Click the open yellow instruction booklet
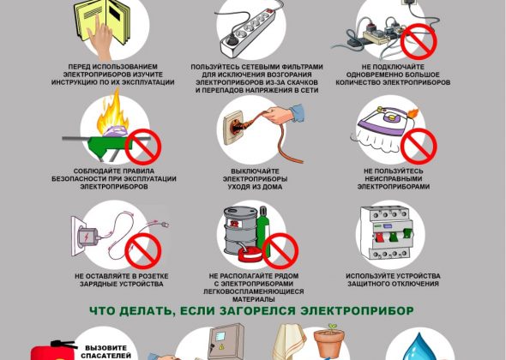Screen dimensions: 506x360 click(x=103, y=21)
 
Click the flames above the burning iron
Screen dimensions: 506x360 click(x=112, y=111)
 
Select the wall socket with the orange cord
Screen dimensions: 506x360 click(x=234, y=128)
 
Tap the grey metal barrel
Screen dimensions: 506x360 click(x=241, y=231)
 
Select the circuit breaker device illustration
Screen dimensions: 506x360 click(x=386, y=233)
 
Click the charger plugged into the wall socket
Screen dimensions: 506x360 click(x=88, y=238)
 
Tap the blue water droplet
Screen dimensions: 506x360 click(x=419, y=347)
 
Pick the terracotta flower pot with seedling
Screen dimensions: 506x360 click(x=329, y=341)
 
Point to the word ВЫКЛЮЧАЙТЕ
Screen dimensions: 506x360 click(x=255, y=171)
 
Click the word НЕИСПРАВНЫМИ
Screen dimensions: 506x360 click(x=394, y=179)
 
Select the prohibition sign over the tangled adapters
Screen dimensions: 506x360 click(x=419, y=41)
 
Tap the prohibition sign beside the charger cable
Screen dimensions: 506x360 click(x=143, y=251)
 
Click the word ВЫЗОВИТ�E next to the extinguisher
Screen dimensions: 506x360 click(x=105, y=348)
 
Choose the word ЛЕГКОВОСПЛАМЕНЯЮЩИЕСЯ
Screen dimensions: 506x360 click(x=254, y=291)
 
